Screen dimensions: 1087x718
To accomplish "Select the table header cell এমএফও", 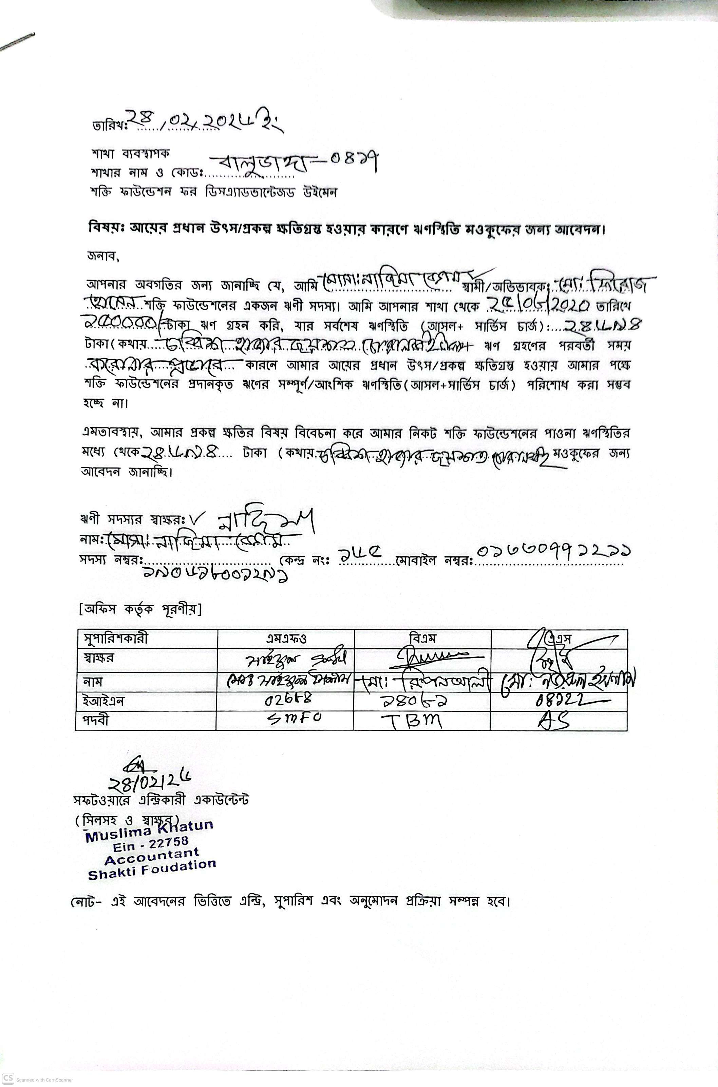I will [x=286, y=638].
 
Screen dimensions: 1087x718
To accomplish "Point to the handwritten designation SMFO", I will [x=294, y=719].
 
